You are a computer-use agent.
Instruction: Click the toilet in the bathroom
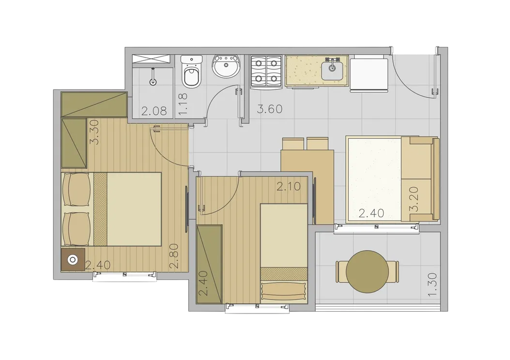pos(192,72)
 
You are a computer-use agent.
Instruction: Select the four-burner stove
pos(266,72)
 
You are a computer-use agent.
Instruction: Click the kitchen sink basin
pos(332,71)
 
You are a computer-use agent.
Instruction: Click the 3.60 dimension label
pos(270,109)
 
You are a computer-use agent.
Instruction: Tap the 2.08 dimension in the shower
pos(154,111)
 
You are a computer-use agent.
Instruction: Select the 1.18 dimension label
pos(183,104)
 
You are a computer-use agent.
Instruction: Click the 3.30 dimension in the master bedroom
pos(94,132)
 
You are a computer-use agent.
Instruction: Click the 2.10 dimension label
pos(289,186)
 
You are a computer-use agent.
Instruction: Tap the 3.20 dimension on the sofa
pos(414,199)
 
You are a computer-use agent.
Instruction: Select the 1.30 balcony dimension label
pos(432,285)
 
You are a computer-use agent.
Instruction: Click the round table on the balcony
pos(367,271)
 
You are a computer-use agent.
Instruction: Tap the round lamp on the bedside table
pos(73,260)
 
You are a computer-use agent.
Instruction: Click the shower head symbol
pos(153,78)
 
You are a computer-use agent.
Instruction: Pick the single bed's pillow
pos(284,291)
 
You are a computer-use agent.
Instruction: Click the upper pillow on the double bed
pos(77,189)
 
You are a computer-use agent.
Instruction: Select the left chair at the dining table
pos(293,144)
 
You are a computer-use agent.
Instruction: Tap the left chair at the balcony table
pos(341,271)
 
